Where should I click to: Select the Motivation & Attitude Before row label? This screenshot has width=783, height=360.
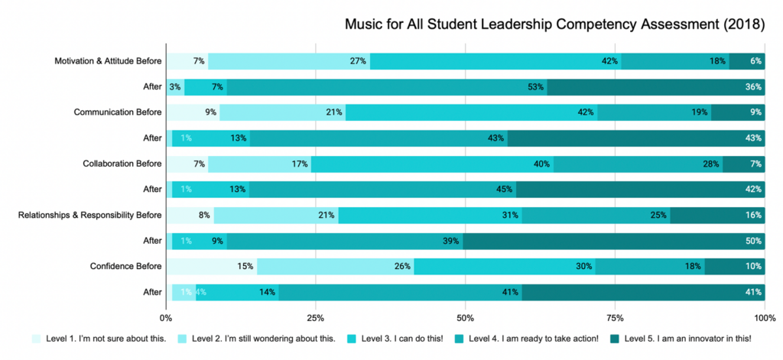click(108, 61)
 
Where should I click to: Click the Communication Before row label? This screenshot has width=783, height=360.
click(118, 112)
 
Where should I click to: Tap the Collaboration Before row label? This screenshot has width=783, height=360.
click(122, 164)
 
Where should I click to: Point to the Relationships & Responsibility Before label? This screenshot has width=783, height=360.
click(89, 215)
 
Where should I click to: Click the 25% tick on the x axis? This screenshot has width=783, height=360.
click(316, 317)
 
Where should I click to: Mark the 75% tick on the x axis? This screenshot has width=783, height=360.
click(615, 317)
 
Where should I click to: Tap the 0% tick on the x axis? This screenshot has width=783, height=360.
click(166, 317)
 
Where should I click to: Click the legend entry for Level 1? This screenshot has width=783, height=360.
click(99, 339)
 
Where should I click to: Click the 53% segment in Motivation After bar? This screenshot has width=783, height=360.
click(387, 87)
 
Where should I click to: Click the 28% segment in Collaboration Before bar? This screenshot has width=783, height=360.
click(638, 164)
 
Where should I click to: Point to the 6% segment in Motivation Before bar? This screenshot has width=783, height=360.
click(746, 61)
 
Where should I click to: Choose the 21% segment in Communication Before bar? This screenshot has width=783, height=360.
click(282, 112)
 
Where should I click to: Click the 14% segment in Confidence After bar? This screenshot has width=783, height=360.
click(238, 292)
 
